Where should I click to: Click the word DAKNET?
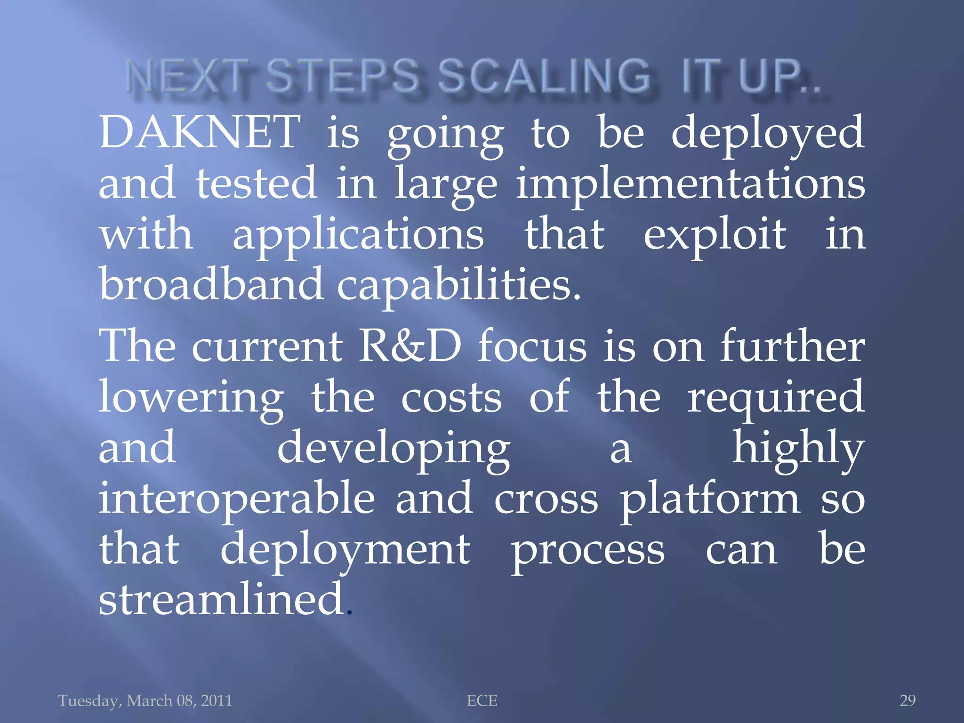click(x=200, y=133)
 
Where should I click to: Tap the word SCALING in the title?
click(x=544, y=77)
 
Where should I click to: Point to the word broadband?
click(x=211, y=284)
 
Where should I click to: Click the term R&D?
click(x=410, y=346)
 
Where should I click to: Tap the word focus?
click(x=532, y=346)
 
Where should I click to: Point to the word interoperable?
click(x=237, y=499)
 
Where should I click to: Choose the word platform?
click(x=709, y=499)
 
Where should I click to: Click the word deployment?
click(x=345, y=551)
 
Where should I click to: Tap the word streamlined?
click(x=221, y=599)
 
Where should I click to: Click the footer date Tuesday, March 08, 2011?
click(x=145, y=701)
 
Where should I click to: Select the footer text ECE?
click(x=482, y=701)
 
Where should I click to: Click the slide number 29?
click(x=908, y=701)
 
